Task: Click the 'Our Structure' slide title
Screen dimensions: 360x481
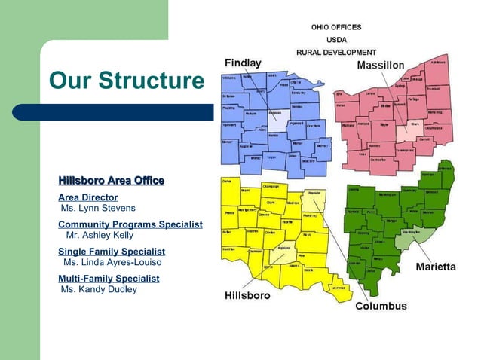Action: [x=126, y=81]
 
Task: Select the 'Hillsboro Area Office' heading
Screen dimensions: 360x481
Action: [x=111, y=181]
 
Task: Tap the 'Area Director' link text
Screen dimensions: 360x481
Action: [x=87, y=197]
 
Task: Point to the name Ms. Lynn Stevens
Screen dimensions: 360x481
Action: [x=98, y=208]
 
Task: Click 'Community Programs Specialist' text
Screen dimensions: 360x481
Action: [x=130, y=224]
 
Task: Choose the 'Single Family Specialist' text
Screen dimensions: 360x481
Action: [x=112, y=252]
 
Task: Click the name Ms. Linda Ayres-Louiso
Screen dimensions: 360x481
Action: [x=112, y=262]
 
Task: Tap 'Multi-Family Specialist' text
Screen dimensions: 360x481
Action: [x=109, y=279]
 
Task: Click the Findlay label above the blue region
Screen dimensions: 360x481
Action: [x=243, y=63]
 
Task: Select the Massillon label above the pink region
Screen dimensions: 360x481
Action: [x=380, y=66]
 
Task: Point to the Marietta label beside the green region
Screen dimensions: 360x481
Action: [x=435, y=267]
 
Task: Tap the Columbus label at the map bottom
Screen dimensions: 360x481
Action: [x=381, y=307]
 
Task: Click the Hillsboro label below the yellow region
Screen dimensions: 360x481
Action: [x=247, y=296]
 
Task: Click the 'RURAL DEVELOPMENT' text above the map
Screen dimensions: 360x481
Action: [x=335, y=52]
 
